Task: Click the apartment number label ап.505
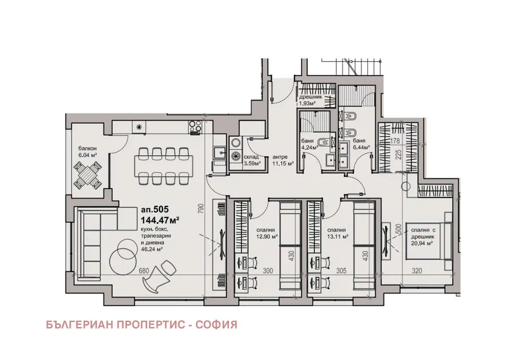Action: click(x=155, y=210)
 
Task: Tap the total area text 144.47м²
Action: click(x=160, y=220)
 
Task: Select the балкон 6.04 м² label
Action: click(x=88, y=152)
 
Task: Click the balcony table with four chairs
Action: click(x=88, y=175)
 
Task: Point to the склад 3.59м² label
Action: click(x=251, y=160)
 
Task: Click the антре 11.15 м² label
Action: click(x=283, y=160)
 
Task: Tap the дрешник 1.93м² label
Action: click(x=310, y=100)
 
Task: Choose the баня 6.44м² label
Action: click(x=361, y=144)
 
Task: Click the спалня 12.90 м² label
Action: click(x=266, y=233)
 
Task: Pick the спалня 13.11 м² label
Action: click(x=338, y=233)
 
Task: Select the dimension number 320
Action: click(x=417, y=270)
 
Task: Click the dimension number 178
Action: click(x=395, y=141)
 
